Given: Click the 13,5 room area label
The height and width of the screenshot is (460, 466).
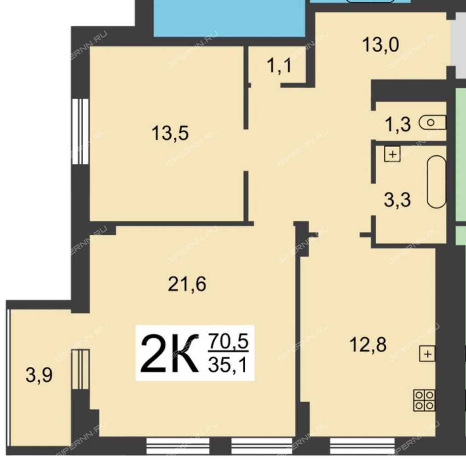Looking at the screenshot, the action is (x=170, y=133).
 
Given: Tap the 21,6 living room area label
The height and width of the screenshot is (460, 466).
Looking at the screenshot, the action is (x=187, y=284).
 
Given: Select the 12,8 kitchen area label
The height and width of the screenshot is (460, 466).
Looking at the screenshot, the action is (x=368, y=345).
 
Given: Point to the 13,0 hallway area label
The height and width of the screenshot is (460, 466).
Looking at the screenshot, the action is (x=381, y=45).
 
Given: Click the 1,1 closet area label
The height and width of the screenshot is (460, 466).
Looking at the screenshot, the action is (x=279, y=65).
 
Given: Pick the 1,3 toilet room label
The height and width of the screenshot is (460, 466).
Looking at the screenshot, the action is (x=397, y=124).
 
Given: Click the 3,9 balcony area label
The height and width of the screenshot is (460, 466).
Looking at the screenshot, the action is (x=39, y=375).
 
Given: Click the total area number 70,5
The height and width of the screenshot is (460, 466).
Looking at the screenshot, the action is (x=228, y=341).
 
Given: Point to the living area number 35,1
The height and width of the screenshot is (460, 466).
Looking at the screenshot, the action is (x=228, y=365).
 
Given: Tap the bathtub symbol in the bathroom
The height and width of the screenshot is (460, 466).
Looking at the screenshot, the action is (x=437, y=182).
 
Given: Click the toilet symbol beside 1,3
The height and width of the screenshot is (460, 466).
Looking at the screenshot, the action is (x=432, y=122).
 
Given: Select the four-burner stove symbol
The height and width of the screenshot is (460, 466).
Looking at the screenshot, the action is (x=424, y=400).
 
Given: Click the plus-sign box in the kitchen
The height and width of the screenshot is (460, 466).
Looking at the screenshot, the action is (x=427, y=354).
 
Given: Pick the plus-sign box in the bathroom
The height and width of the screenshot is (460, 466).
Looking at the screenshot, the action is (x=392, y=154).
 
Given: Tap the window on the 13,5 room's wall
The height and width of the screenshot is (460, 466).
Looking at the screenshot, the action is (x=81, y=132).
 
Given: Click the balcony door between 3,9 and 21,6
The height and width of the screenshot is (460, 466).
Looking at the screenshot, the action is (x=81, y=369).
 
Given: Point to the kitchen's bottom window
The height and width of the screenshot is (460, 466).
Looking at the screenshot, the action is (x=362, y=446).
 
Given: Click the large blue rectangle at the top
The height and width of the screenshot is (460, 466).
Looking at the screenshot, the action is (x=230, y=18).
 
